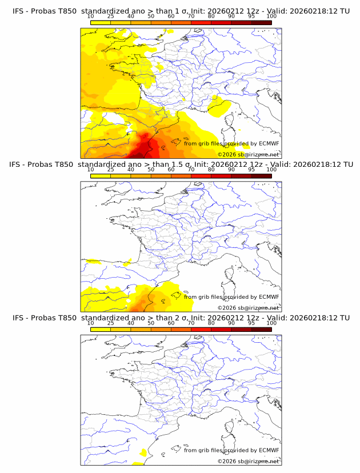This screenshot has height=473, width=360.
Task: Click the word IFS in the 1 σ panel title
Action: click(17, 11)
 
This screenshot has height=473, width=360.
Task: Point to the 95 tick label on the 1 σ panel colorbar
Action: click(251, 16)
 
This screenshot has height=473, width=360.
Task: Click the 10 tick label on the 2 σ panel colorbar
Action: click(90, 323)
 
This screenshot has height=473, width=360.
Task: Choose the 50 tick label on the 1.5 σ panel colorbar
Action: click(151, 170)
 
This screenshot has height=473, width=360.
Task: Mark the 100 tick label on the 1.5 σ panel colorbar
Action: click(271, 170)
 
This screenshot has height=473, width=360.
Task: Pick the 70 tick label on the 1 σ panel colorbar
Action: click(191, 16)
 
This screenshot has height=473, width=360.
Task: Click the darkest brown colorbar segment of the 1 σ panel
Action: click(261, 23)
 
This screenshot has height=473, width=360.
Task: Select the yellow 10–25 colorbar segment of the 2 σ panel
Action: click(100, 330)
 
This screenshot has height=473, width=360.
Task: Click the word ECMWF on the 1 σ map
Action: click(269, 143)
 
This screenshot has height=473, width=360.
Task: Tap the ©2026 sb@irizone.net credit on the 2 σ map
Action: click(248, 461)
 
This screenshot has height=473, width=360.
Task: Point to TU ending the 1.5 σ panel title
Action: click(345, 165)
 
